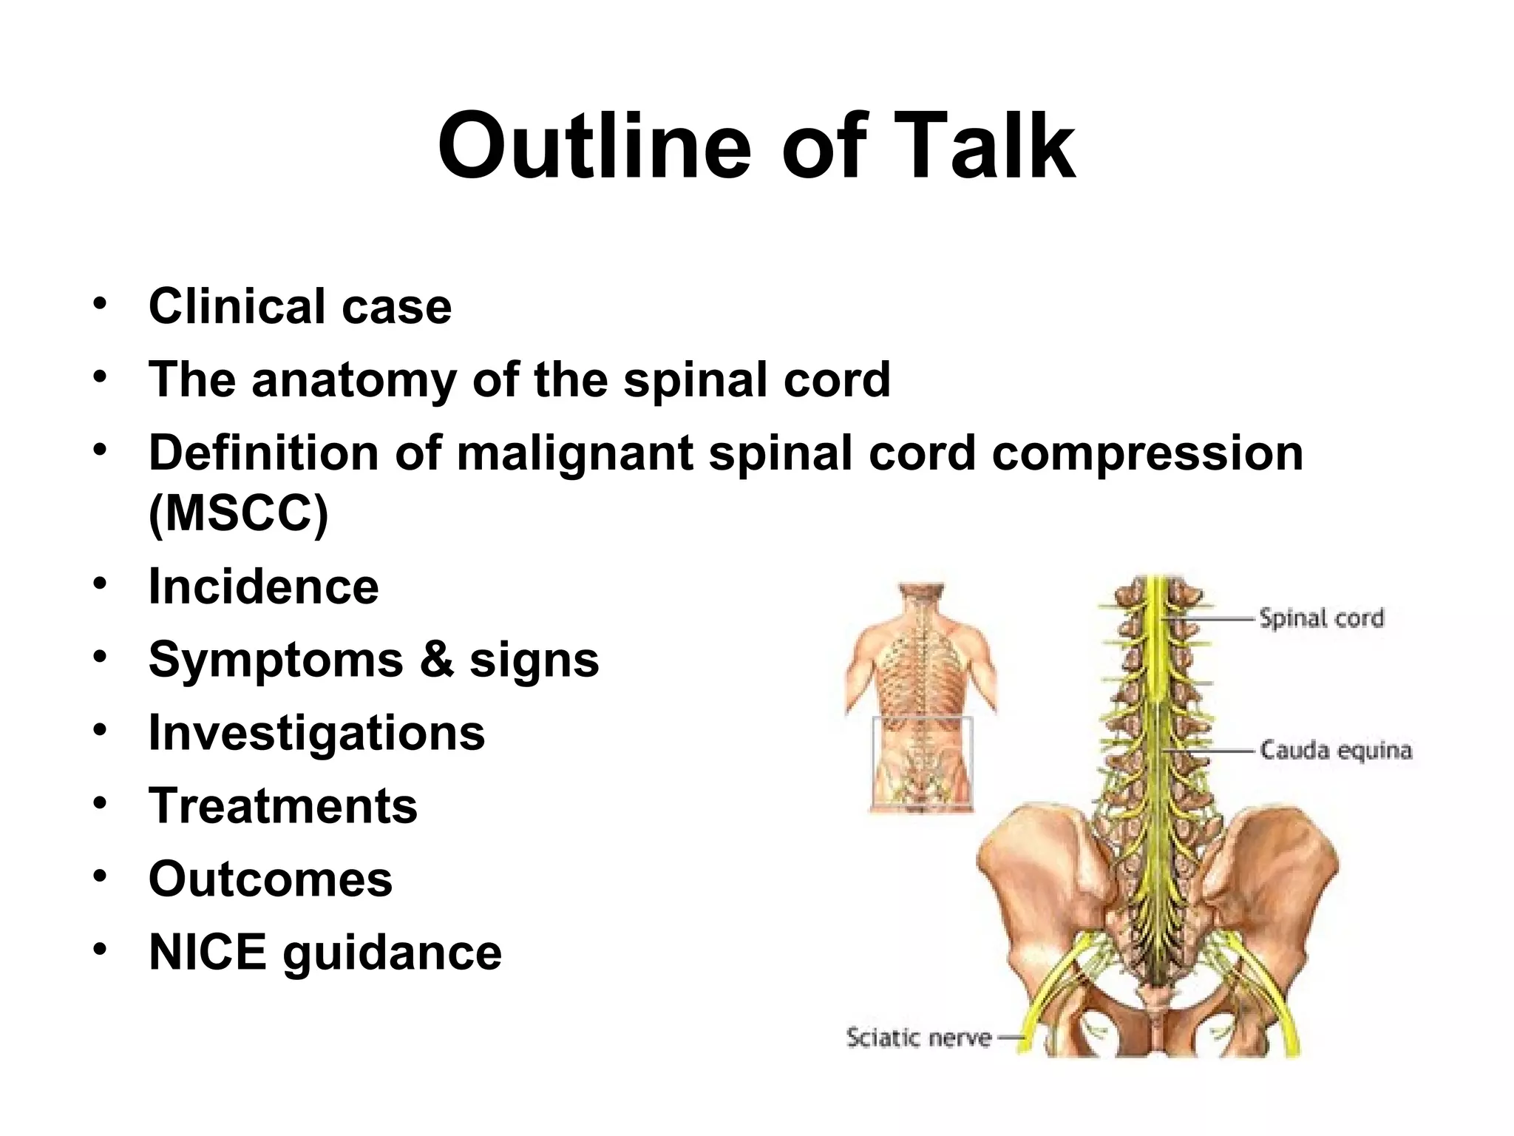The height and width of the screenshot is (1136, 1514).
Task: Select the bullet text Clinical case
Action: (x=299, y=306)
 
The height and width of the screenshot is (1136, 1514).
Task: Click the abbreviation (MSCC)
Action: (x=238, y=513)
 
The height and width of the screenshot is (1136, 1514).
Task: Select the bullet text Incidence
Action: (x=263, y=586)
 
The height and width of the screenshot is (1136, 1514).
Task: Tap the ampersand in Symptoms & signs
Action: (x=436, y=659)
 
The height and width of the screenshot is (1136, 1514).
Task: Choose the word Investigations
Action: (x=316, y=732)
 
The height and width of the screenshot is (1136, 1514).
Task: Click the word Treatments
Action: (x=282, y=805)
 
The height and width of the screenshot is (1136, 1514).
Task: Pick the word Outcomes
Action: (x=270, y=879)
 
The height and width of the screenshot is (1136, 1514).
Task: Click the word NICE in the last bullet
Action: (x=207, y=952)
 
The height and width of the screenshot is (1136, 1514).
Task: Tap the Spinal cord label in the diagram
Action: (x=1321, y=618)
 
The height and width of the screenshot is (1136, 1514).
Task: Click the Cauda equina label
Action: (x=1335, y=750)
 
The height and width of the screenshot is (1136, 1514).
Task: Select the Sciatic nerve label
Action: (x=918, y=1037)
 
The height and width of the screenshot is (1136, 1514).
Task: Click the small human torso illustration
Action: (x=921, y=695)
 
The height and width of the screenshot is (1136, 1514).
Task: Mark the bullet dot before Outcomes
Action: (x=100, y=876)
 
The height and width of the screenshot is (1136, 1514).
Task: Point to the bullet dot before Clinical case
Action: (x=100, y=303)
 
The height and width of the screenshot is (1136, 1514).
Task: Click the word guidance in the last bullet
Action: (x=392, y=952)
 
